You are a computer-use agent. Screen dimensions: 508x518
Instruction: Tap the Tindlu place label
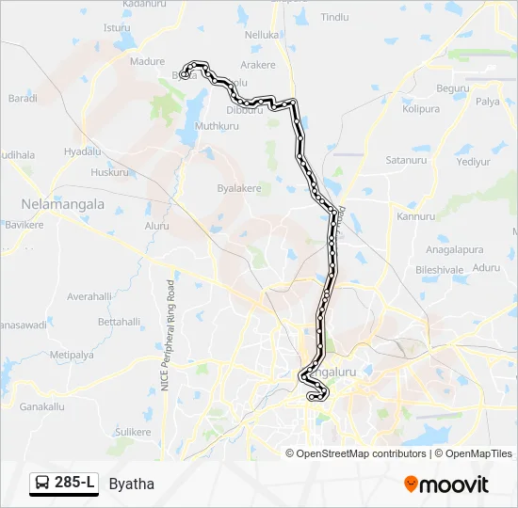[334, 17]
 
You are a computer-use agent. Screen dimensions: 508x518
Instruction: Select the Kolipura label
[421, 109]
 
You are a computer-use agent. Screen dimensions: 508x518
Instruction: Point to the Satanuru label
[406, 160]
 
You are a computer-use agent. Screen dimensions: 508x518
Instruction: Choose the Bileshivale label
[440, 269]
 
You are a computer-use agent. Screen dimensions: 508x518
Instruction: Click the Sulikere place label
[133, 432]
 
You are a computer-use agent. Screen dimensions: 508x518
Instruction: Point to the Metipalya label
[72, 355]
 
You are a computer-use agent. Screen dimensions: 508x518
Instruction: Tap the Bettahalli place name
[119, 322]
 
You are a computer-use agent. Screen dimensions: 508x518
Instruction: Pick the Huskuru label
[110, 173]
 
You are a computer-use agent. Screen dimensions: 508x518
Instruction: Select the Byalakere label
[239, 188]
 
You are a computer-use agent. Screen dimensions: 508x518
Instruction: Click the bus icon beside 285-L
[42, 484]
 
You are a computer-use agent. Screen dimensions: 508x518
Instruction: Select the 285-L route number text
[74, 484]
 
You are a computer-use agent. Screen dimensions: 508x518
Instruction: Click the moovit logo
[446, 484]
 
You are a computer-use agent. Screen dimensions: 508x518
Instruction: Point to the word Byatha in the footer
[131, 484]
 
